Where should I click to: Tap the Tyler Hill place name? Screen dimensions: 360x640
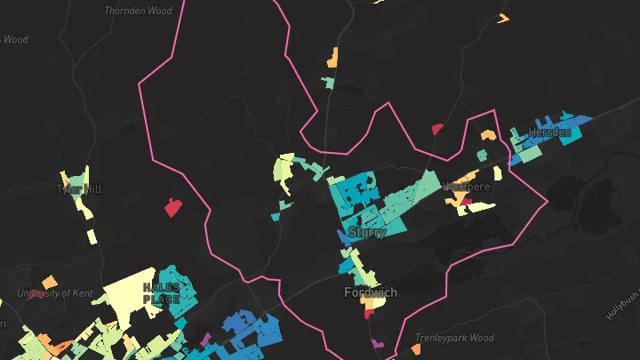(80, 189)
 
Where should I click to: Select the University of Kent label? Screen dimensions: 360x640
(55, 292)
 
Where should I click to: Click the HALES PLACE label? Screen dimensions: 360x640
(161, 293)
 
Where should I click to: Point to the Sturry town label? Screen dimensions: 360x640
(367, 233)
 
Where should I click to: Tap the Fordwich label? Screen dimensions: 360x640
(371, 292)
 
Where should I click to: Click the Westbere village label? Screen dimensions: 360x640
(467, 188)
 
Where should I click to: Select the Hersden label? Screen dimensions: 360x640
(549, 132)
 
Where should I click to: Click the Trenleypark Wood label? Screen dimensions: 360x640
(454, 338)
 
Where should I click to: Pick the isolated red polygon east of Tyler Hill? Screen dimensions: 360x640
(172, 208)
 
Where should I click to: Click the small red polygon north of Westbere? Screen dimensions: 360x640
(437, 129)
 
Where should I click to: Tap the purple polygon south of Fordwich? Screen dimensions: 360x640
(376, 342)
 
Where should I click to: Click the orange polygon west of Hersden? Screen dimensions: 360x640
(488, 135)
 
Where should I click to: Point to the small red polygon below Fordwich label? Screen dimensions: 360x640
(368, 313)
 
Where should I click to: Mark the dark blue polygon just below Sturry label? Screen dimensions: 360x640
(345, 238)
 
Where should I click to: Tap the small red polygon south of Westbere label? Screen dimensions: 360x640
(465, 201)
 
